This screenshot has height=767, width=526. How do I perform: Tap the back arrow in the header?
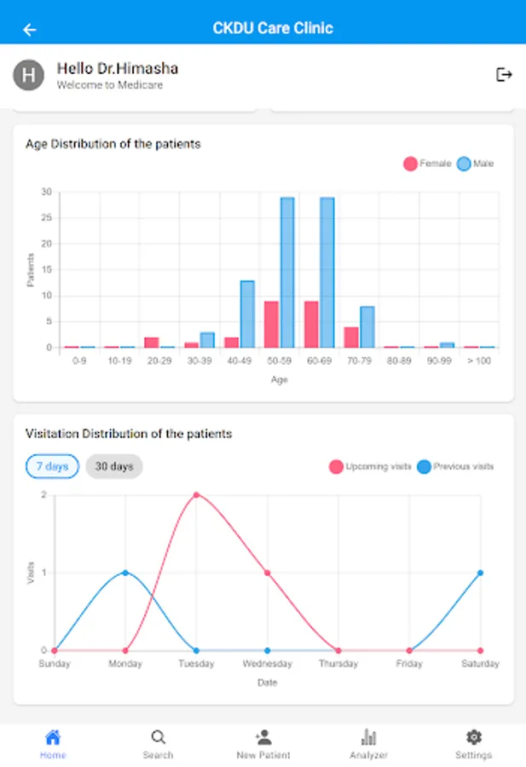point(30,30)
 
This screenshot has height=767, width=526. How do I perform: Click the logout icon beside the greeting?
point(504,75)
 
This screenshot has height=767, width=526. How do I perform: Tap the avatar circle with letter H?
point(28,75)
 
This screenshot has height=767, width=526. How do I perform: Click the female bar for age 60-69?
point(311,324)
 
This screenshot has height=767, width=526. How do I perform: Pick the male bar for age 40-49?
point(247,314)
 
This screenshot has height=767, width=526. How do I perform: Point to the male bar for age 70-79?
point(367,327)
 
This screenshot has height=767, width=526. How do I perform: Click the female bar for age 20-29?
point(152,342)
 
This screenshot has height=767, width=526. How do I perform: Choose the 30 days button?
point(114,467)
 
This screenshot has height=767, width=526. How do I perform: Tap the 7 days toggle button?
point(52,467)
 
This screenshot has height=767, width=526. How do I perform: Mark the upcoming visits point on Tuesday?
point(196,495)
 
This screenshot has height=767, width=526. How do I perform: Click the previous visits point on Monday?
point(125,573)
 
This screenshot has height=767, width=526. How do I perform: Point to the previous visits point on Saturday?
point(480,573)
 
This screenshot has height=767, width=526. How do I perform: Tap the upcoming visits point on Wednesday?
point(268,573)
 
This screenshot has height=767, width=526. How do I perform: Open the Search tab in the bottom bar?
point(158,743)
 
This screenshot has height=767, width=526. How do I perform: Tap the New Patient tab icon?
point(263,738)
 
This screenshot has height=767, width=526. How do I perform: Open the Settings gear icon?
point(473,738)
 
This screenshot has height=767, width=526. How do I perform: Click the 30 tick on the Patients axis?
point(46,192)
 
